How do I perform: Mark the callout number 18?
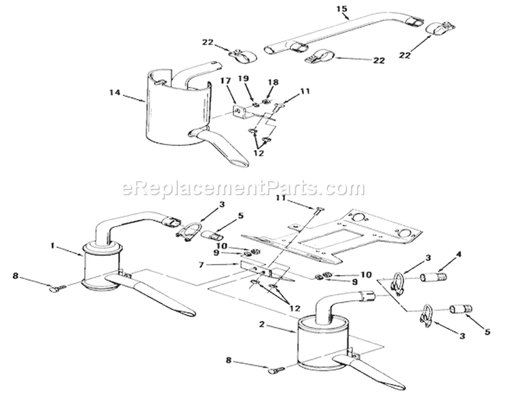(273, 81)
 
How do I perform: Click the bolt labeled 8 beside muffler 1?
(58, 288)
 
